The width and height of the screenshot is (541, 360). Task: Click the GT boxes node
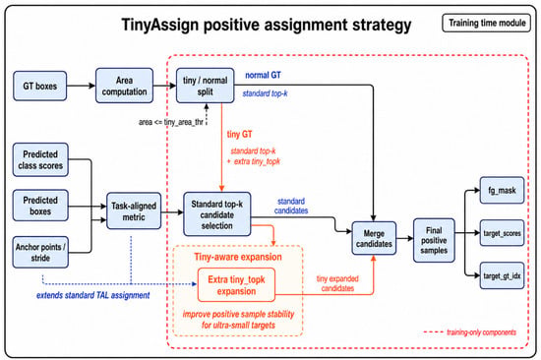40,86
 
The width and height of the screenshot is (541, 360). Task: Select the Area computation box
124,86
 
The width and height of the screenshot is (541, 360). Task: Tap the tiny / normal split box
206,86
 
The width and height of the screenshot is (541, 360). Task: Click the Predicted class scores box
40,159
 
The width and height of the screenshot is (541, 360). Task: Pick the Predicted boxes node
40,206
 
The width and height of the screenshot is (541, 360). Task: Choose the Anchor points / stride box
40,252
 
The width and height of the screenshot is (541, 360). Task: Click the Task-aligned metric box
134,211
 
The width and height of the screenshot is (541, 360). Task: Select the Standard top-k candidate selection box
217,214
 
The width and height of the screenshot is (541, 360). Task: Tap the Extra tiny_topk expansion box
236,285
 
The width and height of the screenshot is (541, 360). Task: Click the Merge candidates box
374,238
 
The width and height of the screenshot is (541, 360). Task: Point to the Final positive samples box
434,240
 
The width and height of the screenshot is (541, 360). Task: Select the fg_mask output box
502,190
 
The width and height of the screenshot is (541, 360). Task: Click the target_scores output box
502,233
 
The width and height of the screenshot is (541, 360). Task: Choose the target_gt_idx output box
502,275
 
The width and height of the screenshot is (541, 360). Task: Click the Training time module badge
487,23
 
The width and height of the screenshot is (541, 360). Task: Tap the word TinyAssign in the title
160,25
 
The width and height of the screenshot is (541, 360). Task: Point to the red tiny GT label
239,135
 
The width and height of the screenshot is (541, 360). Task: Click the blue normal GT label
263,75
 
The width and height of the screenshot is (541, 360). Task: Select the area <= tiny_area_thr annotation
171,122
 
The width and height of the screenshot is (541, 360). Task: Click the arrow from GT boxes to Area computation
81,86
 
